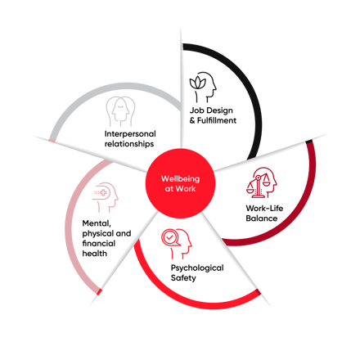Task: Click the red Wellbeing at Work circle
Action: [x=180, y=183]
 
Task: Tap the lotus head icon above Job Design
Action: [x=203, y=87]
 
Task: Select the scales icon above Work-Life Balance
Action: [x=261, y=182]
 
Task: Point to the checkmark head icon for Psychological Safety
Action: [x=176, y=244]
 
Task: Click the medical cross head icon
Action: [x=105, y=197]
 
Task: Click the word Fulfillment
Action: [x=217, y=120]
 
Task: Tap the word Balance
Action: [x=262, y=218]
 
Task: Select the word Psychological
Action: [x=197, y=268]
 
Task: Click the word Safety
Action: [x=183, y=278]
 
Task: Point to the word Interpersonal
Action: [x=130, y=134]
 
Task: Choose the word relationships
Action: [x=129, y=144]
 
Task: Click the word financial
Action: [x=99, y=243]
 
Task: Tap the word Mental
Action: [x=97, y=223]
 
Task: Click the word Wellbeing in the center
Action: [x=180, y=179]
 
